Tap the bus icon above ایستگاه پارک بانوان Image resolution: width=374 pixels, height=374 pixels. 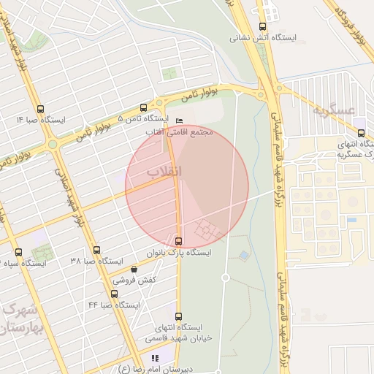pos(179,241)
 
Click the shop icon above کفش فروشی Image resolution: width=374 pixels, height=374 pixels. pos(134,269)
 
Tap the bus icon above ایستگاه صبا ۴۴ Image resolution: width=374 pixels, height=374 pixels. pos(114,294)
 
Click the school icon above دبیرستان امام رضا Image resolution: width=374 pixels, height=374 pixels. pos(154,358)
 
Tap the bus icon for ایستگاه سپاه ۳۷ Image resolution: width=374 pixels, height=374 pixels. pos(18,252)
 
